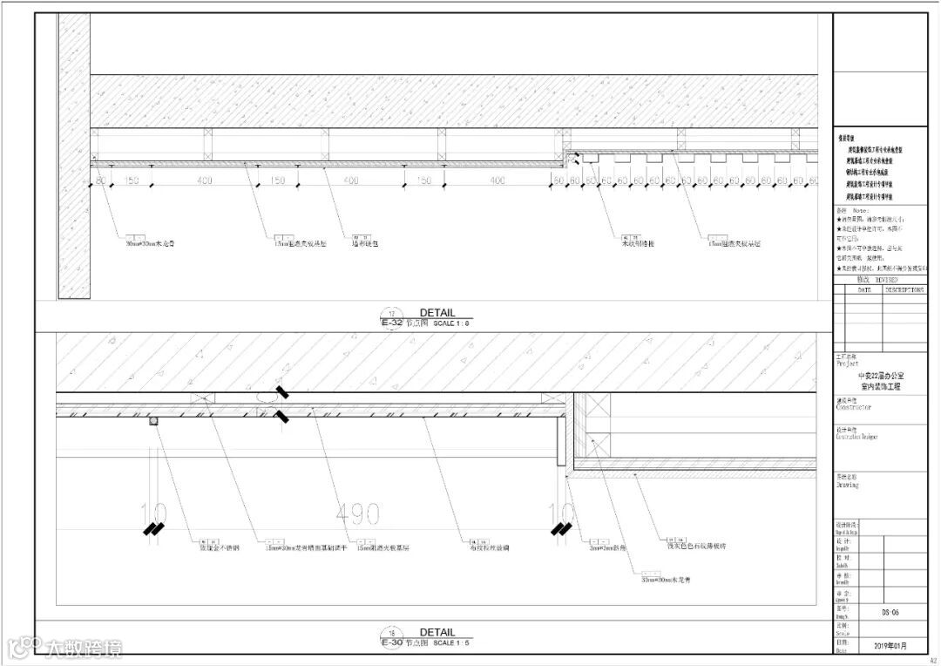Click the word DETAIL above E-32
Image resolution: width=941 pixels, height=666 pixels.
click(x=437, y=313)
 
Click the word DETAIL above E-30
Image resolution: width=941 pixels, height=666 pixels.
click(x=437, y=633)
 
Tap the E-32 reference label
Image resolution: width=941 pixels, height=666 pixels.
click(x=393, y=323)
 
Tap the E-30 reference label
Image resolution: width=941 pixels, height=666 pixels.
click(x=393, y=642)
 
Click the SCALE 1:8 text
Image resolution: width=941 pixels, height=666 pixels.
click(x=452, y=323)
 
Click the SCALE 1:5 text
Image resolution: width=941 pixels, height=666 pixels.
click(x=452, y=643)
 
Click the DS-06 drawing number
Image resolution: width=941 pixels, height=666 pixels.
click(x=890, y=613)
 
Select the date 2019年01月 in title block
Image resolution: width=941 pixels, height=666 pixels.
click(x=890, y=647)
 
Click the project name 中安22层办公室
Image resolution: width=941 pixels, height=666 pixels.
click(x=880, y=375)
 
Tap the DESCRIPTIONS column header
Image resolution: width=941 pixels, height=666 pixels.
click(x=904, y=289)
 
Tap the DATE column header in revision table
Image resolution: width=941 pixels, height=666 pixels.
click(x=864, y=289)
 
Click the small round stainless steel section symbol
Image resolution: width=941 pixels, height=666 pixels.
click(x=154, y=422)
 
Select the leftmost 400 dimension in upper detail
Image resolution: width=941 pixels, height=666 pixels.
click(x=205, y=180)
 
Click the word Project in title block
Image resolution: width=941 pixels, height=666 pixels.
click(x=847, y=364)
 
